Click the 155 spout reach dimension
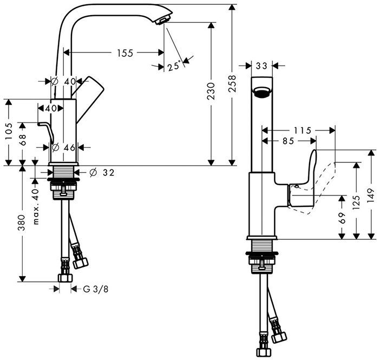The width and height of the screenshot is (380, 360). [125, 53]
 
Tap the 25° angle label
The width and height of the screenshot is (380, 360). [174, 67]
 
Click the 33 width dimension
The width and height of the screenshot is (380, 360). [262, 66]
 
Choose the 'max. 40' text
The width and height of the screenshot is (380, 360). [36, 207]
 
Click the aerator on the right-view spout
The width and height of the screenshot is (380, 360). [262, 92]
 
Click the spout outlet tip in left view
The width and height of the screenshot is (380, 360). [160, 21]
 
